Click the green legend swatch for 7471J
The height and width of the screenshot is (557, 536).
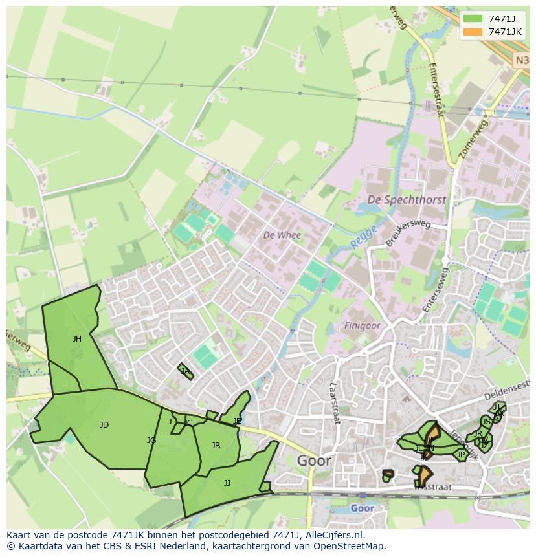(x=473, y=19)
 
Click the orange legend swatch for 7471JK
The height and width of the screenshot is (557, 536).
(x=473, y=32)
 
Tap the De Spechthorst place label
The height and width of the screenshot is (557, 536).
(x=406, y=200)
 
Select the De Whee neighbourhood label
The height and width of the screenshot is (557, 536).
(x=282, y=235)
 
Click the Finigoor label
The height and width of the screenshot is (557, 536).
(x=362, y=325)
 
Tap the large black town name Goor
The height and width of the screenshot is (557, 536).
(x=314, y=461)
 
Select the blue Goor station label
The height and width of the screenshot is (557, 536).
(x=362, y=508)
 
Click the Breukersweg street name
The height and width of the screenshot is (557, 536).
(x=408, y=232)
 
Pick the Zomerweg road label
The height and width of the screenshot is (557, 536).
(x=472, y=138)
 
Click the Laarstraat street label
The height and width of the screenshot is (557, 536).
(x=335, y=402)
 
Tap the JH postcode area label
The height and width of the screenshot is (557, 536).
(x=77, y=338)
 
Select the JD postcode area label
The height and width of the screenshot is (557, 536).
(x=104, y=425)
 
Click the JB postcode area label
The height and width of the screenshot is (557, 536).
(x=216, y=445)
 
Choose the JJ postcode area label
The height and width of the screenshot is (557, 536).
(x=227, y=483)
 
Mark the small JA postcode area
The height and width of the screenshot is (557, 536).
(x=186, y=371)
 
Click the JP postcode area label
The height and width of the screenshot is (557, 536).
(x=461, y=455)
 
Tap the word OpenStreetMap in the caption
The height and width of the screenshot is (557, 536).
(x=352, y=546)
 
